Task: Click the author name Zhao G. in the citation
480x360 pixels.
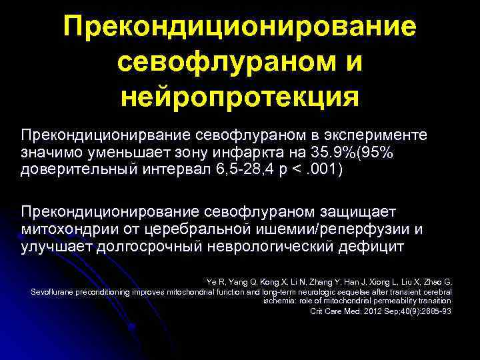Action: [436, 282]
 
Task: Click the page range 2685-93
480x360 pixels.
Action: [434, 312]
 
